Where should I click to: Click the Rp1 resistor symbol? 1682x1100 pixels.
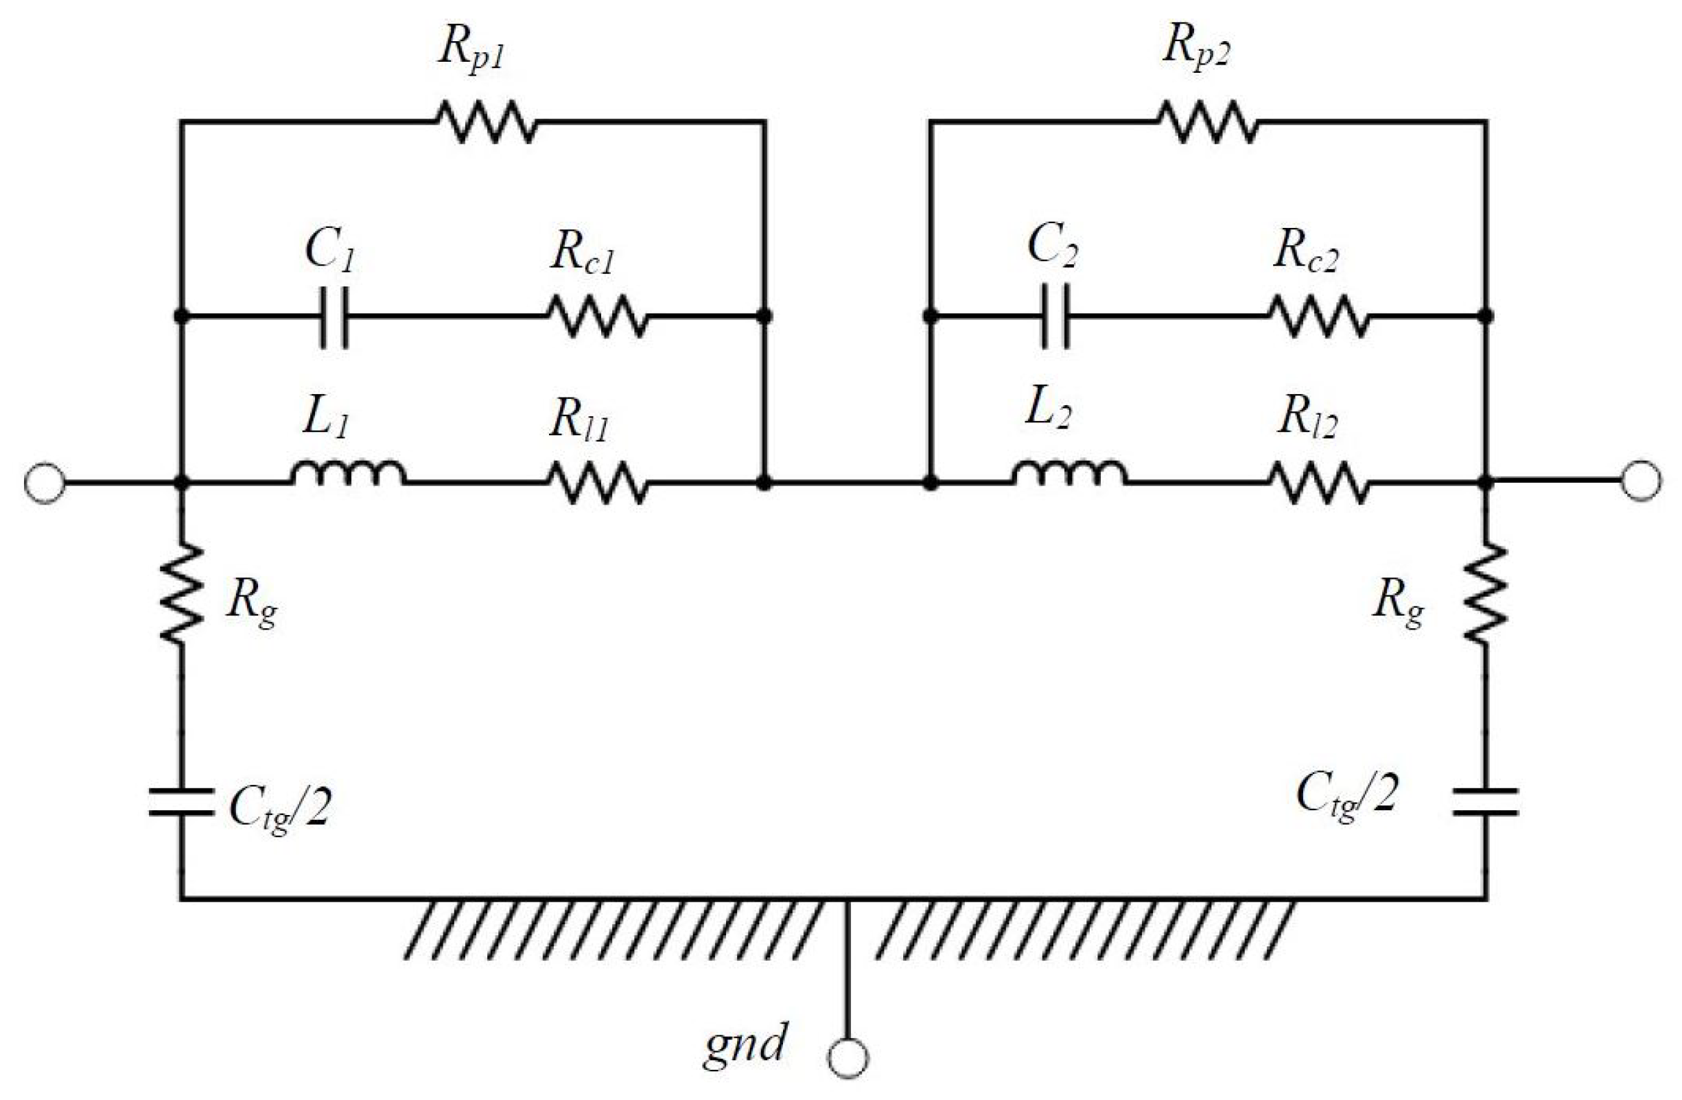(x=487, y=122)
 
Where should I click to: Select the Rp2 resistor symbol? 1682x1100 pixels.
(x=1208, y=122)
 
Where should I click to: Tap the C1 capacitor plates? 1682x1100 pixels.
(x=334, y=317)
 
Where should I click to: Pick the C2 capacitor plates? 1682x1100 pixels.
(x=1056, y=317)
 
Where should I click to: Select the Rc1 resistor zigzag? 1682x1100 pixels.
(x=598, y=317)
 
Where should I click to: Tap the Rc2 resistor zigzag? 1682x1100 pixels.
(x=1320, y=317)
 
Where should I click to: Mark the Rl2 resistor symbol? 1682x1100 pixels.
(x=1320, y=483)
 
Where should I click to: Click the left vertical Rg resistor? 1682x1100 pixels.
(x=182, y=593)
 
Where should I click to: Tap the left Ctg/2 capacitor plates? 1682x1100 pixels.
(x=182, y=803)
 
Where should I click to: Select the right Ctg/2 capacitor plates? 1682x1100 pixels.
(x=1486, y=803)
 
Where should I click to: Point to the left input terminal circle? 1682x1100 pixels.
(x=45, y=483)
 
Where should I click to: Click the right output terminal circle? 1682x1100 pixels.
(x=1641, y=482)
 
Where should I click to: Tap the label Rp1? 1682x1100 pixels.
(x=471, y=51)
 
